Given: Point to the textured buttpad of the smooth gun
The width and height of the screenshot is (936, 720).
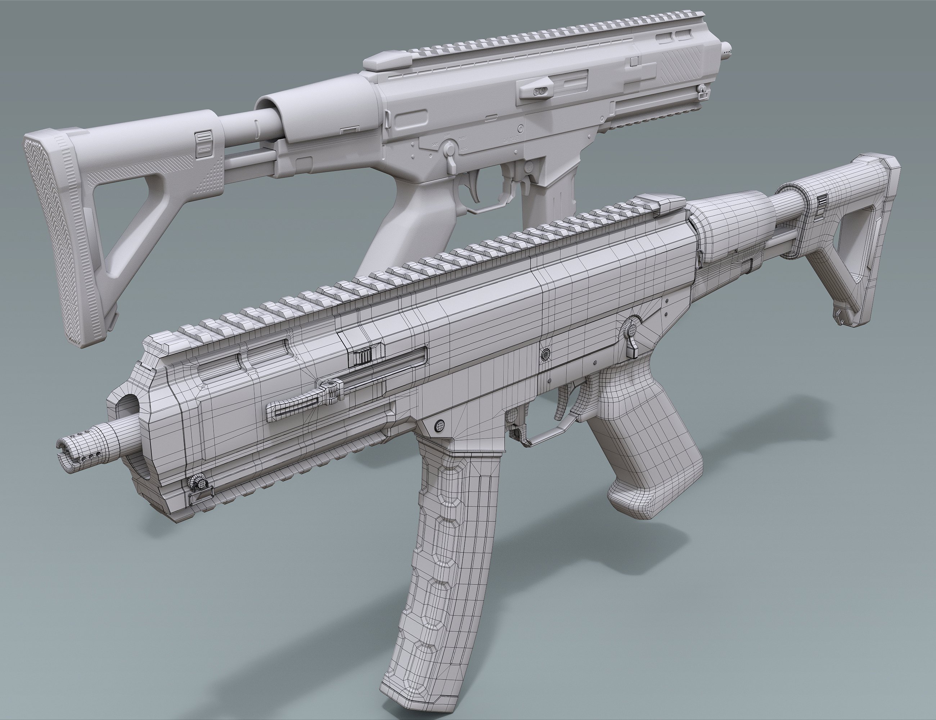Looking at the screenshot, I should tap(47, 240).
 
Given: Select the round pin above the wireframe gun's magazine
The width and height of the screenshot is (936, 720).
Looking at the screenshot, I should tap(440, 425).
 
